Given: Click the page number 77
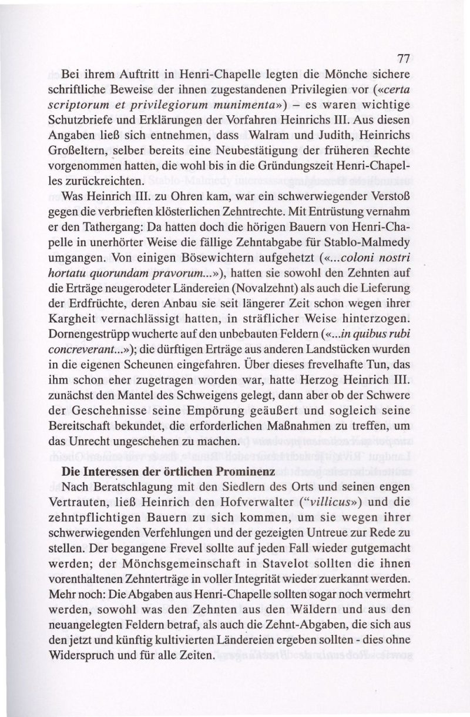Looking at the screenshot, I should [402, 59].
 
